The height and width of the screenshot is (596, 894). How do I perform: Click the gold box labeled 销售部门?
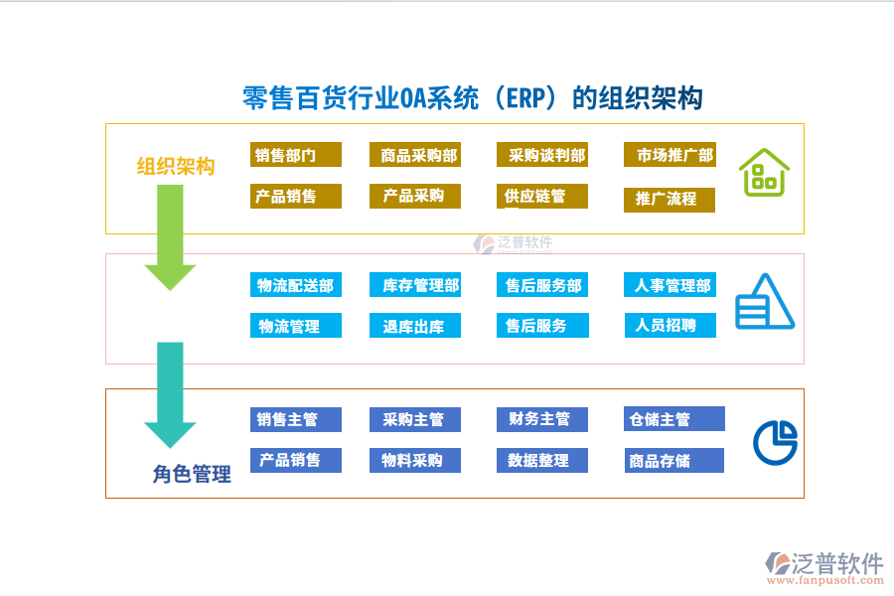click(x=296, y=155)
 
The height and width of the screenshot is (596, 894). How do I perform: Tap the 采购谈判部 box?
click(x=542, y=155)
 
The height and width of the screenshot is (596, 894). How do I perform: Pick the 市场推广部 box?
click(x=670, y=155)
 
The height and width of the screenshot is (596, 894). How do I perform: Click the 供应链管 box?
click(x=542, y=197)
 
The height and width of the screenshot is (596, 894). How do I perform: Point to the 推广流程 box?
click(x=670, y=199)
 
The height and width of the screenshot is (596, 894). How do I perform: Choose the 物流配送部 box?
click(x=296, y=285)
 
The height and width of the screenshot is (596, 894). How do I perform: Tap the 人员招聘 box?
click(x=670, y=325)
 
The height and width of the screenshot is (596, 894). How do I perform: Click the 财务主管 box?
click(x=542, y=419)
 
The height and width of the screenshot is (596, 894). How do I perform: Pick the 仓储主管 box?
click(x=674, y=419)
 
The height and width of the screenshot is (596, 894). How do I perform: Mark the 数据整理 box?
click(x=542, y=460)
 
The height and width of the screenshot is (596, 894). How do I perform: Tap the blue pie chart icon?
click(x=776, y=442)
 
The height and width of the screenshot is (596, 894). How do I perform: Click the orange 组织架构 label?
click(x=176, y=166)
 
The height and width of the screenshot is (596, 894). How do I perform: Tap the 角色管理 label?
click(x=192, y=475)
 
